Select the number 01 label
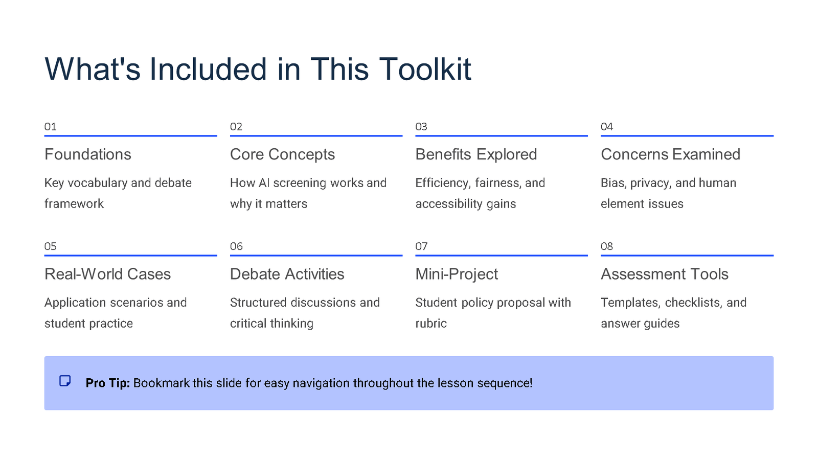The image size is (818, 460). pos(51,127)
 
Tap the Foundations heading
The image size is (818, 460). pos(88,154)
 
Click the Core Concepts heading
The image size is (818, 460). pos(282,154)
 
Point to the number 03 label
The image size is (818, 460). pos(421,127)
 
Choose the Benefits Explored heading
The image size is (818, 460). pos(476,154)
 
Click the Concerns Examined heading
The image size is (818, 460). pos(670,154)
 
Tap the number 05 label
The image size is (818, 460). pos(51,246)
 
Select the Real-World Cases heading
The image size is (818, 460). pos(107,274)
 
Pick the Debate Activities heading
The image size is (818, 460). pos(287,274)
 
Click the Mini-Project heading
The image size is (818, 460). pos(457,274)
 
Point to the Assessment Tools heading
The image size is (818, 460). pos(664,274)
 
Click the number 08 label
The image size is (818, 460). pos(607,246)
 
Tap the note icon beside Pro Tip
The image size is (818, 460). pos(65,381)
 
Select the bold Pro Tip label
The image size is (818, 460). pos(107,383)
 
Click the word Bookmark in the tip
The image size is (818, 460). pos(161,383)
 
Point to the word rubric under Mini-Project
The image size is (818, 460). pos(431,324)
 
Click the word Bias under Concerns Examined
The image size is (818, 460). pos(612,183)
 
